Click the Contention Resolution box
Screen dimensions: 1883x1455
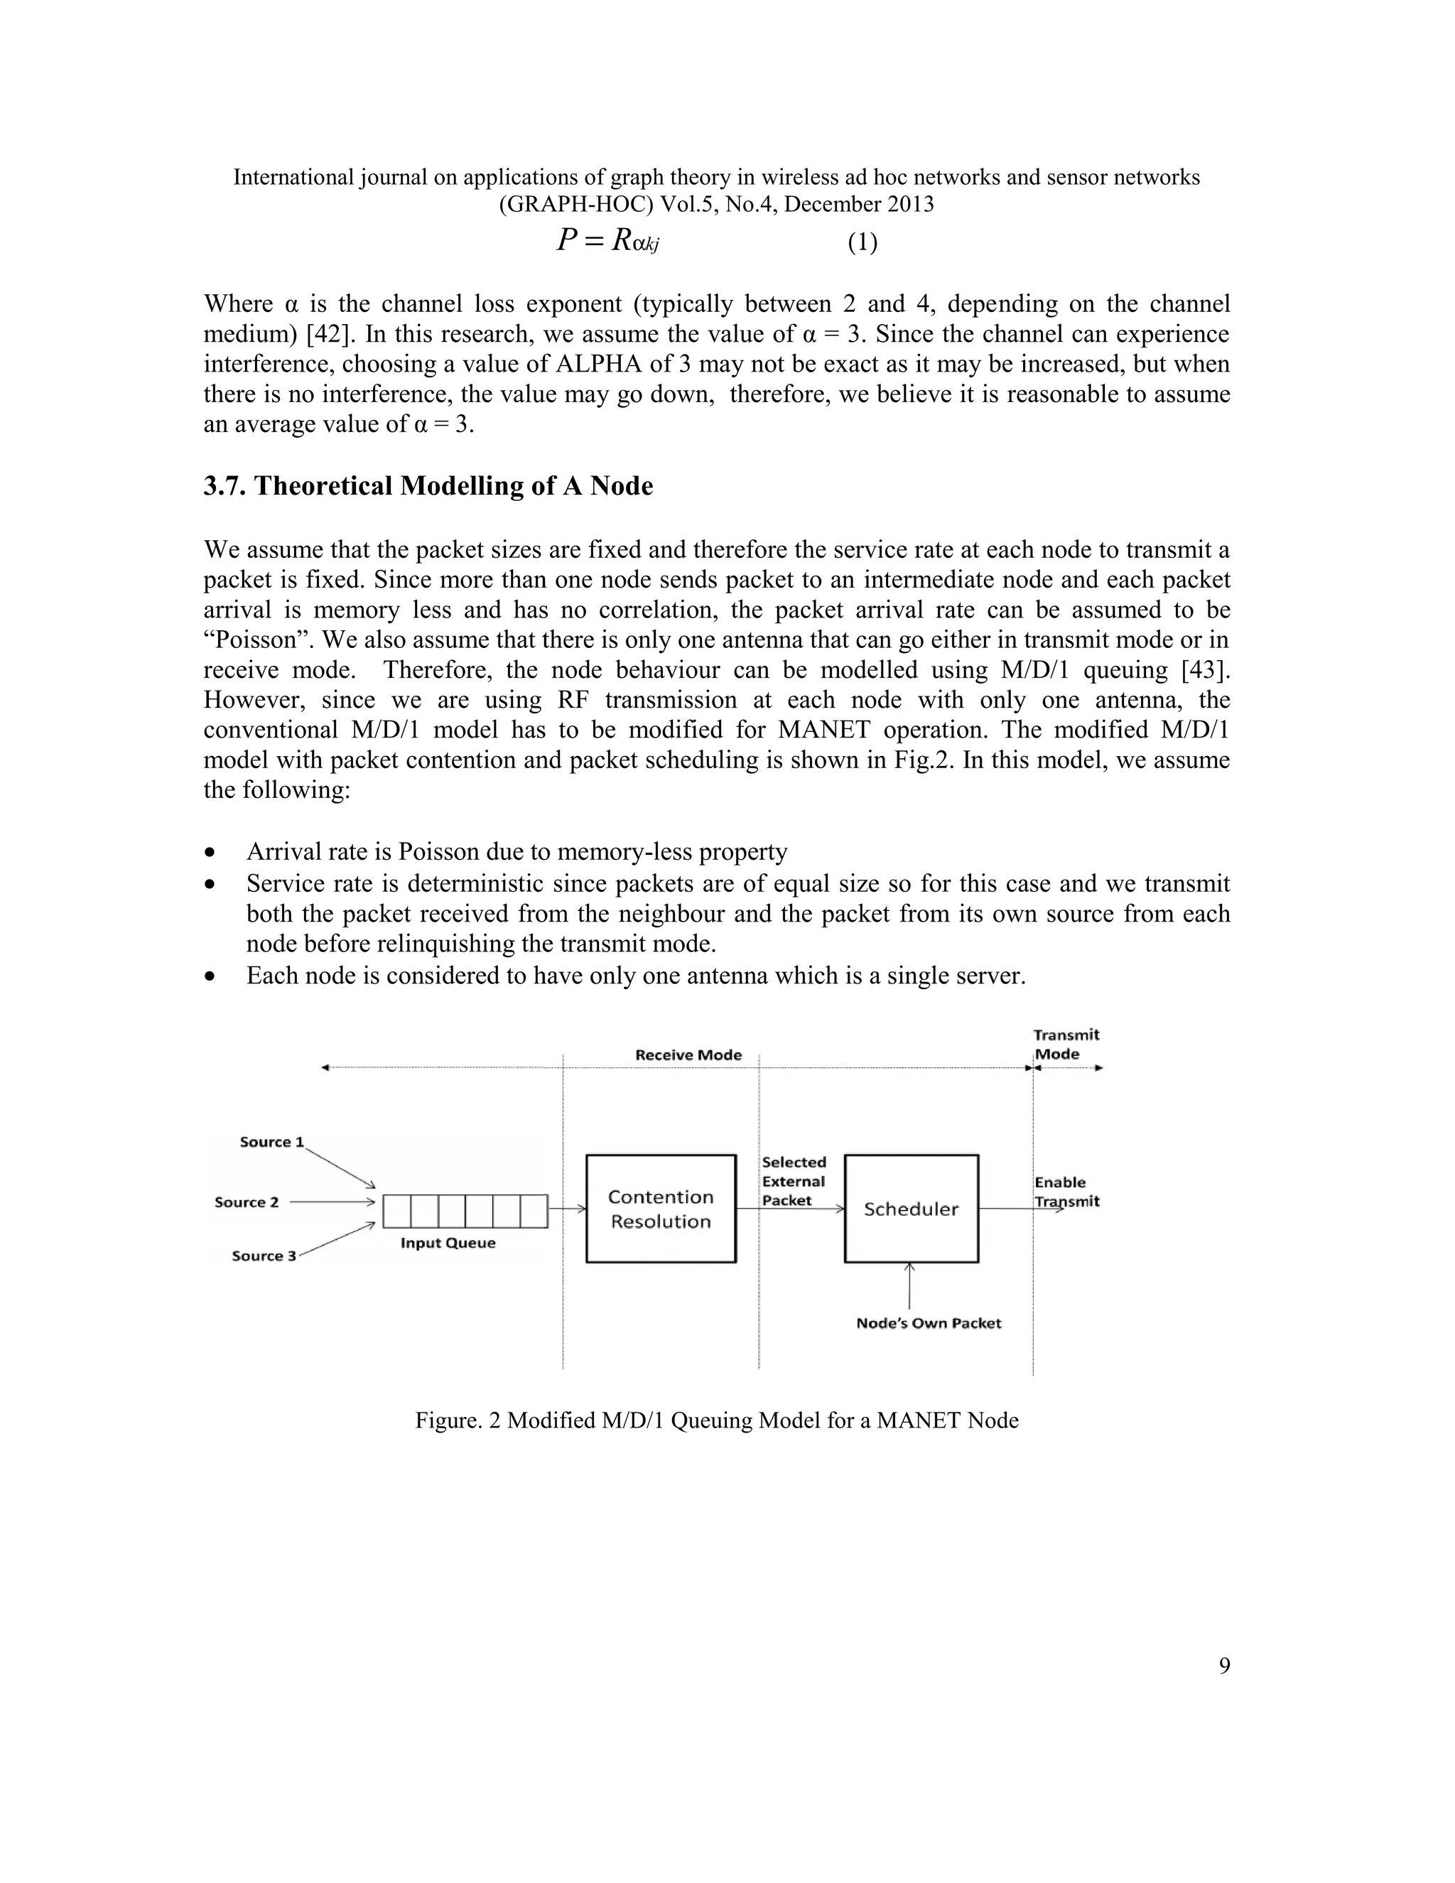click(660, 1209)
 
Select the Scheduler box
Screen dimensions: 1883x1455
click(911, 1209)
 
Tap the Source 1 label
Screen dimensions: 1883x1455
click(271, 1142)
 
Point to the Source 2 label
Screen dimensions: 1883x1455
click(247, 1202)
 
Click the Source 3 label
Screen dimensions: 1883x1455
click(264, 1256)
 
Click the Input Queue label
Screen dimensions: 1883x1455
click(448, 1243)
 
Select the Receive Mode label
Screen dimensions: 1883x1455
click(688, 1054)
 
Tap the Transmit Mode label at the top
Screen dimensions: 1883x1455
click(1066, 1044)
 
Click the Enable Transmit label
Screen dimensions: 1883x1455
click(1066, 1192)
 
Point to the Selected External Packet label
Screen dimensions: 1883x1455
click(793, 1181)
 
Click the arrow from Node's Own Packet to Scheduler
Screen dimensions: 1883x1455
click(910, 1288)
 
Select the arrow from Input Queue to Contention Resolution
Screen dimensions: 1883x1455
click(567, 1209)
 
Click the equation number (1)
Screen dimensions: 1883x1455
click(862, 243)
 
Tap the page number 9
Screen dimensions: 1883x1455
click(1224, 1666)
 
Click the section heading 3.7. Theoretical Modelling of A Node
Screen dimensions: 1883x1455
click(428, 486)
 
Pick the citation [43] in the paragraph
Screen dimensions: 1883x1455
click(1205, 670)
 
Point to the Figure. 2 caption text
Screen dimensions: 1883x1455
click(716, 1420)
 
